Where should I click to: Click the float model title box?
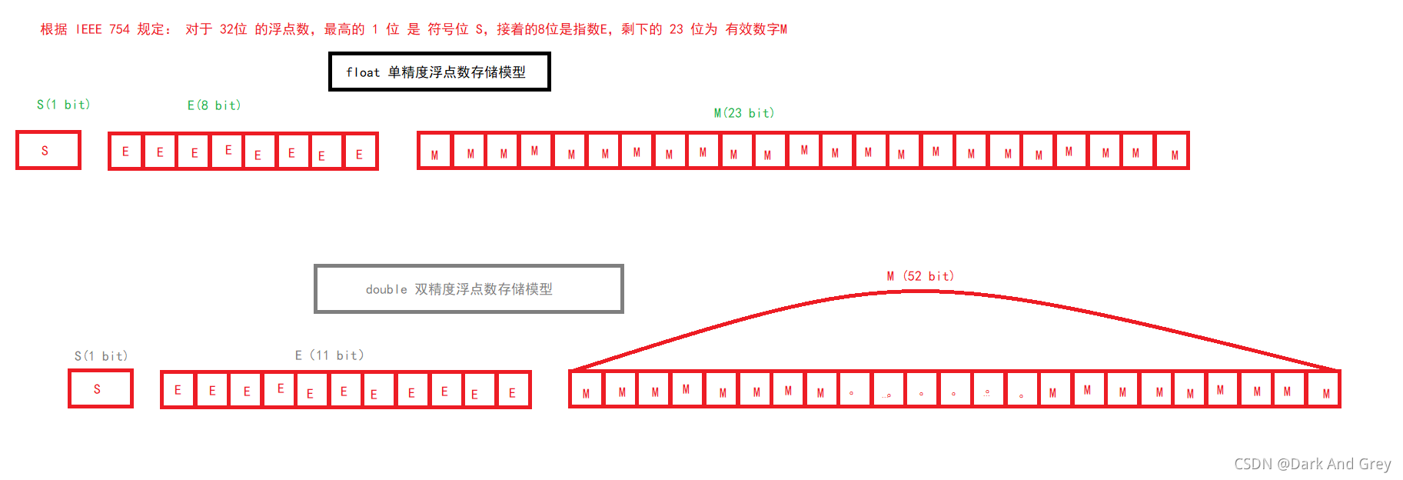439,72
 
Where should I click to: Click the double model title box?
468,289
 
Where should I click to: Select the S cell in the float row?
48,150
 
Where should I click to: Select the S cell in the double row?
100,388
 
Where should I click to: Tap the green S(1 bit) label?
63,105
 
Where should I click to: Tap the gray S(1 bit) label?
101,356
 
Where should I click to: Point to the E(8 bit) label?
214,105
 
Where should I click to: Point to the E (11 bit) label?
329,355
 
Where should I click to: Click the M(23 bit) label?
743,113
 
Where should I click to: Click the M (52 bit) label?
919,276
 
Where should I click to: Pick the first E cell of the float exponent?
125,152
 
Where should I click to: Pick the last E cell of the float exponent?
359,152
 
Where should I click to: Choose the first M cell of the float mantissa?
435,152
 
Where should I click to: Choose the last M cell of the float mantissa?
1173,152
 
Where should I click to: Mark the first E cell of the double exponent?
178,390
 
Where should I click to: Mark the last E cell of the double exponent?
512,391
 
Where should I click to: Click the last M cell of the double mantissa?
1325,391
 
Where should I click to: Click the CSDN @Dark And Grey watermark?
1312,464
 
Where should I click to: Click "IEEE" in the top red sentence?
88,29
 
